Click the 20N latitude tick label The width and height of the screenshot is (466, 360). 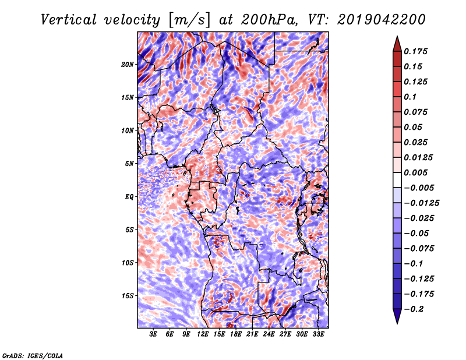128,64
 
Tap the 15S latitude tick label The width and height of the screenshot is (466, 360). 128,296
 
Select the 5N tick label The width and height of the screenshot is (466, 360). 129,164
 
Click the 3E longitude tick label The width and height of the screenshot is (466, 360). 154,335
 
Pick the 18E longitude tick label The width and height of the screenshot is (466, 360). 236,335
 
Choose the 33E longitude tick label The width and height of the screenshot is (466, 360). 318,335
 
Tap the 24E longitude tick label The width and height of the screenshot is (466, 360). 269,335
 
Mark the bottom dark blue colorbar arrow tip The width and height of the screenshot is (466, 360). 397,322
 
